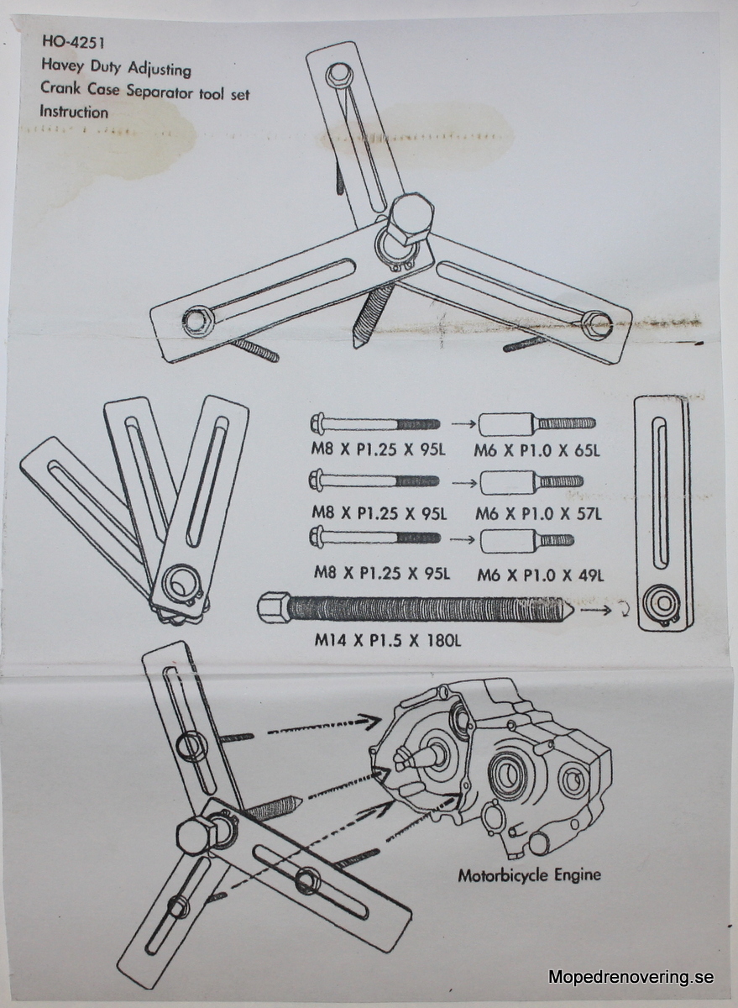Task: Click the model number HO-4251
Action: tap(73, 43)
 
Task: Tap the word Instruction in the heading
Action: tap(74, 112)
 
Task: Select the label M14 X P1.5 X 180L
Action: tap(387, 640)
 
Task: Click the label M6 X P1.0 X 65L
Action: tap(536, 451)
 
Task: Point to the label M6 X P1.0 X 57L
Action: tap(538, 513)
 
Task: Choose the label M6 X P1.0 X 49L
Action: tap(540, 575)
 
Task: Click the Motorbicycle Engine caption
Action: tap(529, 875)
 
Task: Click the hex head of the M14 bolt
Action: tap(274, 607)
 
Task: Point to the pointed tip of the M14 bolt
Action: tap(571, 610)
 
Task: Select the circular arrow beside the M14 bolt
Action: tap(625, 611)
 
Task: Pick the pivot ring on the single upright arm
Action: tap(660, 606)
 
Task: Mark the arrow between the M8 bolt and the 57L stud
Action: tap(464, 483)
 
